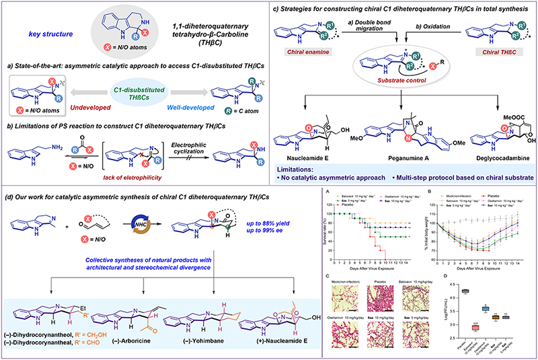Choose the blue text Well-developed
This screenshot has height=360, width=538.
pos(194,105)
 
